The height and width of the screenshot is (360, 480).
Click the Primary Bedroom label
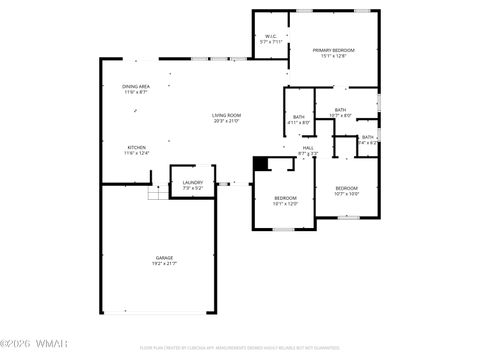pyautogui.click(x=333, y=50)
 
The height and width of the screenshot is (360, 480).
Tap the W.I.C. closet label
pyautogui.click(x=270, y=37)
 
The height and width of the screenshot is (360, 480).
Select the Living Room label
pyautogui.click(x=226, y=115)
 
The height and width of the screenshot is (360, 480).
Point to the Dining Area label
pyautogui.click(x=136, y=87)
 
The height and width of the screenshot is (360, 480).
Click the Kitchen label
pyautogui.click(x=136, y=147)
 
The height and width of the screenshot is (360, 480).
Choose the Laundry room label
pyautogui.click(x=193, y=182)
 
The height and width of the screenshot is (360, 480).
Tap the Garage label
pyautogui.click(x=164, y=257)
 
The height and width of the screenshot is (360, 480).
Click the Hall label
pyautogui.click(x=308, y=148)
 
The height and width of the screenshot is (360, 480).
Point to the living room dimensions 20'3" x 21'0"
pyautogui.click(x=226, y=121)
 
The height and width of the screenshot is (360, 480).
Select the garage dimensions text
pyautogui.click(x=164, y=263)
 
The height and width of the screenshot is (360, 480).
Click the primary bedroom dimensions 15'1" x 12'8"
pyautogui.click(x=333, y=56)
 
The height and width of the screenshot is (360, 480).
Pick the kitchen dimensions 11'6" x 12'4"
pyautogui.click(x=136, y=153)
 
